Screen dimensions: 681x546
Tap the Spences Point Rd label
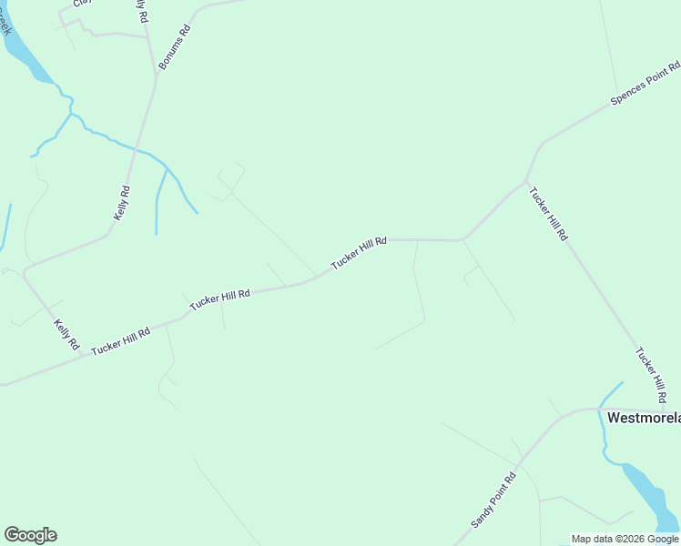point(645,84)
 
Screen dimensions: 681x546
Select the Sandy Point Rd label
point(493,500)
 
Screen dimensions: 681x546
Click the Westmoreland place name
point(643,418)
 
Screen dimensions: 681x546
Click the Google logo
point(30,535)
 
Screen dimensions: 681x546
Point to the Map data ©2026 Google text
point(625,539)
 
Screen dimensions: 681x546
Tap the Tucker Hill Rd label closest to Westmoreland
point(650,375)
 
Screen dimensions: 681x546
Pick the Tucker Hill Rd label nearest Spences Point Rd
point(549,215)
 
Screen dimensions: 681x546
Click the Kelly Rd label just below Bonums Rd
point(121,203)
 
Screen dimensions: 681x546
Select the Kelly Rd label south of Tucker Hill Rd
point(67,336)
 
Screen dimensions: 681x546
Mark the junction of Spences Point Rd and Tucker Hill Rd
point(526,179)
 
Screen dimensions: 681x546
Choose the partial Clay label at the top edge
point(83,3)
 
